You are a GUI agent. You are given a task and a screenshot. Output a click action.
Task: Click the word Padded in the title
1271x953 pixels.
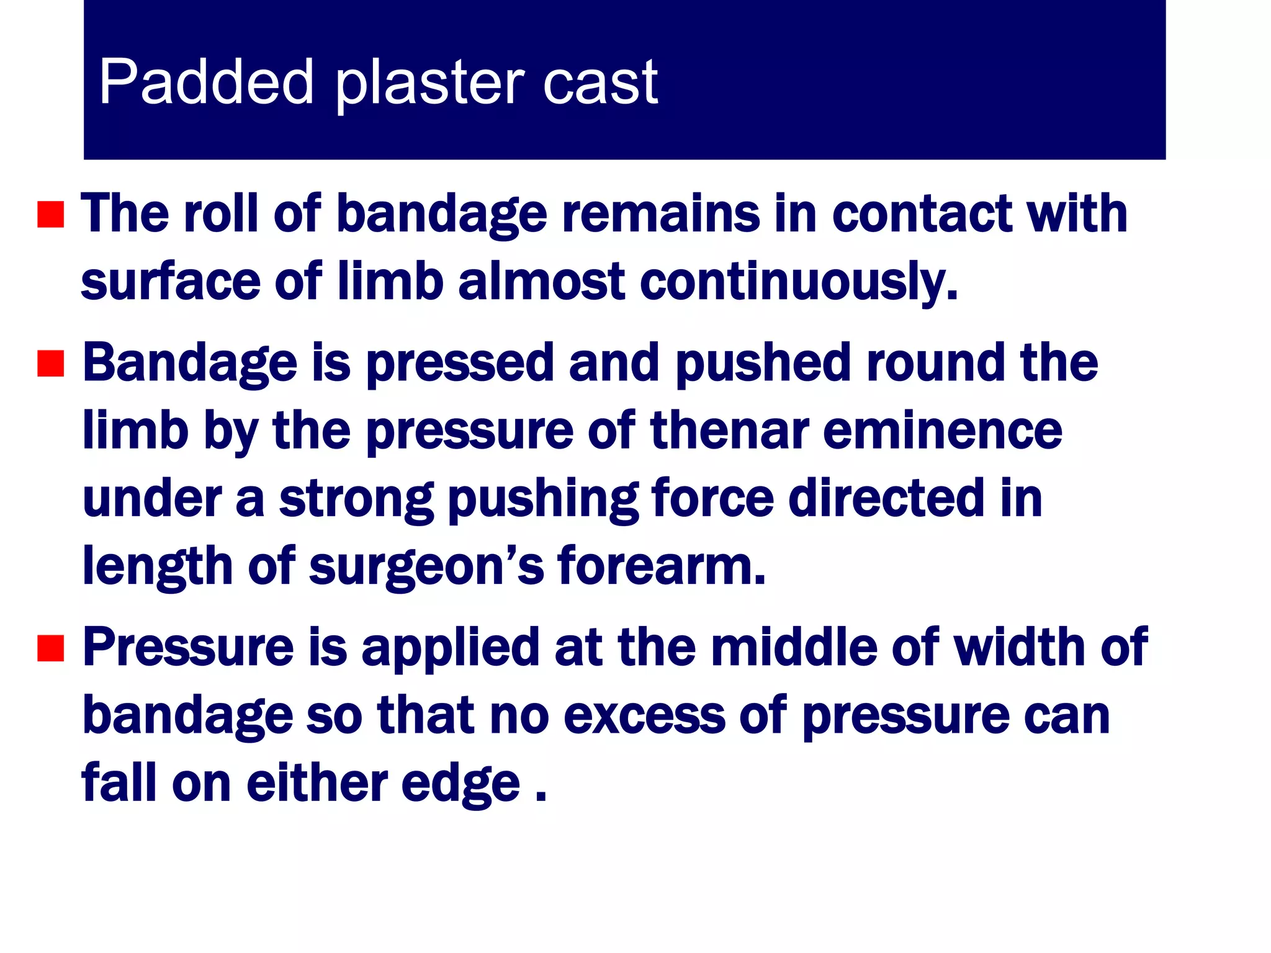pyautogui.click(x=205, y=81)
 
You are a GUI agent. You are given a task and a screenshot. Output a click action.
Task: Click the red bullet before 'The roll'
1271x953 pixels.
pyautogui.click(x=51, y=215)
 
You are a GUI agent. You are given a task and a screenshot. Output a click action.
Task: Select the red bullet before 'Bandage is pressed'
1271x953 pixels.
pyautogui.click(x=51, y=364)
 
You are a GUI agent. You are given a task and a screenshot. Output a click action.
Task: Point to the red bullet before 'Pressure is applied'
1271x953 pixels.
pyautogui.click(x=51, y=648)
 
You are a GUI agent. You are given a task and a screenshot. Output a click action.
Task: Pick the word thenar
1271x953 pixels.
pyautogui.click(x=729, y=431)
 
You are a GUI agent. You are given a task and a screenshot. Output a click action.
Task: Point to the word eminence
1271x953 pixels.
pyautogui.click(x=942, y=431)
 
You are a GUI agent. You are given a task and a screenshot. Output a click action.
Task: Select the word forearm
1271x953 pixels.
pyautogui.click(x=661, y=566)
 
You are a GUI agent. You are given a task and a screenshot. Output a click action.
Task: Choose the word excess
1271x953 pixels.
pyautogui.click(x=644, y=715)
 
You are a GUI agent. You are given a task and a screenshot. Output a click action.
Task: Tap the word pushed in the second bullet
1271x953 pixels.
pyautogui.click(x=763, y=364)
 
